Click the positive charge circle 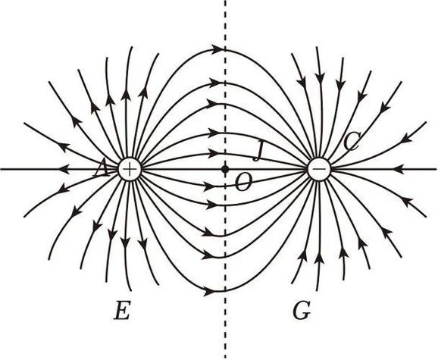[x=130, y=169]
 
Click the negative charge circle [x=319, y=169]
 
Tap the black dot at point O [x=224, y=169]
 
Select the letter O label [x=243, y=182]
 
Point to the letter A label [x=101, y=169]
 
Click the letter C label [x=352, y=142]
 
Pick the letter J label [x=258, y=151]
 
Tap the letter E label [x=122, y=310]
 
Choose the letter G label [x=302, y=310]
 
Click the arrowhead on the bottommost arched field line [x=210, y=292]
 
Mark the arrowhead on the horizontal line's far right [x=398, y=169]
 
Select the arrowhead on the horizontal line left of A [x=64, y=169]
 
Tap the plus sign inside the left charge [x=130, y=169]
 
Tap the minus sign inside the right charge [x=319, y=169]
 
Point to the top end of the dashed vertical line [x=225, y=1]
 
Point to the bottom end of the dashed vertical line [x=225, y=358]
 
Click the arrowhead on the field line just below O [x=210, y=186]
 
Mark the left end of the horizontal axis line [x=1, y=169]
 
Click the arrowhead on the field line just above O [x=214, y=153]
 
